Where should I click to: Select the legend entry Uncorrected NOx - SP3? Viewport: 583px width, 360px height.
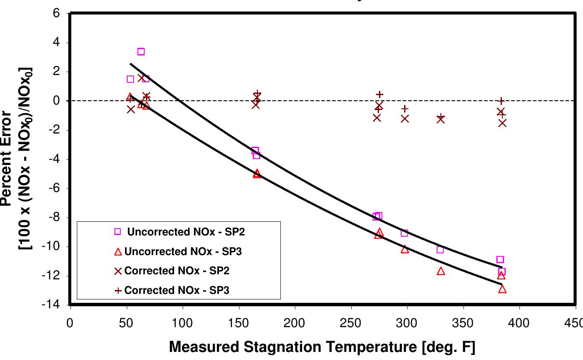point(183,252)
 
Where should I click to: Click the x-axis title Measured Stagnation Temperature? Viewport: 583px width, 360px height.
point(322,347)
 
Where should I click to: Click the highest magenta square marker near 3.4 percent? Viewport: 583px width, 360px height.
point(141,52)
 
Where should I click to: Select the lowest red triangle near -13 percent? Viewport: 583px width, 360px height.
point(502,289)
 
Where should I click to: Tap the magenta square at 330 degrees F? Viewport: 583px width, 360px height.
point(440,250)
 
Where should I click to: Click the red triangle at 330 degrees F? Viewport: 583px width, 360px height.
point(441,271)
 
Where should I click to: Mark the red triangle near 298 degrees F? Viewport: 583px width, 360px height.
point(405,249)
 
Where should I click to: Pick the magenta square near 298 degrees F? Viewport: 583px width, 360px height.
point(404,233)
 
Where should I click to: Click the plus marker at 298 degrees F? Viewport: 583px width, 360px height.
point(405,109)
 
